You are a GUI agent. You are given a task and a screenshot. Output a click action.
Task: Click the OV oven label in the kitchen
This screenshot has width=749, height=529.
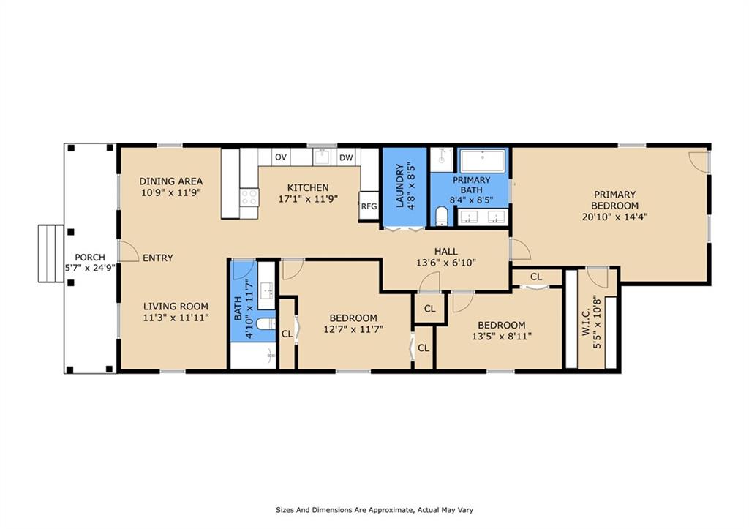(x=281, y=157)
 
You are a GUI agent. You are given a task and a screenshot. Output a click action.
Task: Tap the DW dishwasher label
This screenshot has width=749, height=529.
(x=346, y=158)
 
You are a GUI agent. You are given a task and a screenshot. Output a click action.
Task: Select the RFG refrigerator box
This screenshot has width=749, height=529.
(x=369, y=206)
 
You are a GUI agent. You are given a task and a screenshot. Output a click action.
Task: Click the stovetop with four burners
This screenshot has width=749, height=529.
(x=249, y=198)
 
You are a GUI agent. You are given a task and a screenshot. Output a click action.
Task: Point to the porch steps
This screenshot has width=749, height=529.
(x=51, y=253)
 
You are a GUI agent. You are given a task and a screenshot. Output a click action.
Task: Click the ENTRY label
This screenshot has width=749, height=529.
(x=158, y=258)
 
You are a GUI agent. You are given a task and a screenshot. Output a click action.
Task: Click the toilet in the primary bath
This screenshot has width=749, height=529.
(x=442, y=217)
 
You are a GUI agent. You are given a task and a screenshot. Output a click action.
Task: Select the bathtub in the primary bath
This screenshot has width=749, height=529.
(x=483, y=161)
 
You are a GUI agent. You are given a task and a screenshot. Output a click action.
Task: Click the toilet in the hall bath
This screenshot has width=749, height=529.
(x=265, y=324)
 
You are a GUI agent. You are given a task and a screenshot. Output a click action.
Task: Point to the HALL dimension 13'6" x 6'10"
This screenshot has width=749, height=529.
(x=446, y=263)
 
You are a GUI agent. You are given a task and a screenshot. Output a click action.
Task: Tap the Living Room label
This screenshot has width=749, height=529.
(x=176, y=307)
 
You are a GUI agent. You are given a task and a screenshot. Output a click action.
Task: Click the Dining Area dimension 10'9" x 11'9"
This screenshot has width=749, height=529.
(x=171, y=192)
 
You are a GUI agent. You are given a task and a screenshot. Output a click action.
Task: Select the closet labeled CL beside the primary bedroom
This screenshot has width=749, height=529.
(x=536, y=277)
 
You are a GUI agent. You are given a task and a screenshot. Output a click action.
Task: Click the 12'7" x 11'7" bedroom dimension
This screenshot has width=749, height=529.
(x=353, y=329)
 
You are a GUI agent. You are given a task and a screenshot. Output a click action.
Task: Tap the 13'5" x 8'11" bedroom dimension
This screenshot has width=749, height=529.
(x=502, y=337)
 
